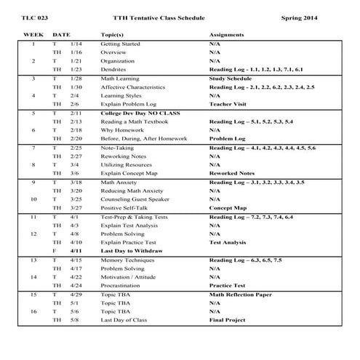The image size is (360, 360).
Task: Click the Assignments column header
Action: [231, 34]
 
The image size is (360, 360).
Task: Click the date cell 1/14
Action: [76, 44]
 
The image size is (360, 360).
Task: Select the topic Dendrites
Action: [114, 69]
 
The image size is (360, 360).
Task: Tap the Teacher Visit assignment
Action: [228, 103]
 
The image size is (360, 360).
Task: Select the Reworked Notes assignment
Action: [231, 173]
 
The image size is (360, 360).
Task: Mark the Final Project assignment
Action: [227, 320]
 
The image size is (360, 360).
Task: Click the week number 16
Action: [33, 311]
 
